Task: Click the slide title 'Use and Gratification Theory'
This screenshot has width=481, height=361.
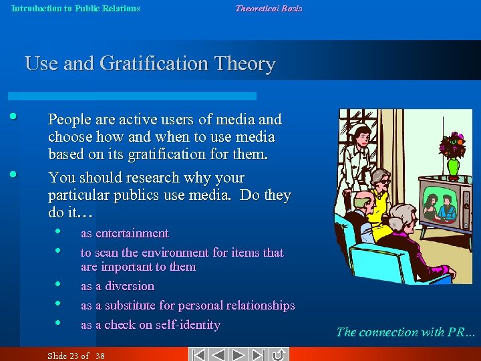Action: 150,64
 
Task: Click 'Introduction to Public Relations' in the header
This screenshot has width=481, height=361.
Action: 75,9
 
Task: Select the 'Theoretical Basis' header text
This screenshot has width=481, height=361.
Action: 269,9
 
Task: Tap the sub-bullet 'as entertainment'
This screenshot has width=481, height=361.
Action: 124,233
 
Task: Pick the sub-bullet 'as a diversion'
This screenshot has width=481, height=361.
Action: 118,286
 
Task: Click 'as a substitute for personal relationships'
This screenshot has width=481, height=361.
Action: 188,306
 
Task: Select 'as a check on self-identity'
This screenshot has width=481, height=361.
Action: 150,325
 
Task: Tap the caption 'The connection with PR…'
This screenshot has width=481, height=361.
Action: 406,332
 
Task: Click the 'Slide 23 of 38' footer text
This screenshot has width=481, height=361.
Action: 76,356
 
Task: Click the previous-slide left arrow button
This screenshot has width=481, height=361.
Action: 219,355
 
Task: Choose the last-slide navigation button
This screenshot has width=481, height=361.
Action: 259,355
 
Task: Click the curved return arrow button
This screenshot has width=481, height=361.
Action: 279,355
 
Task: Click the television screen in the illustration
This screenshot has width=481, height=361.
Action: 440,205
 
